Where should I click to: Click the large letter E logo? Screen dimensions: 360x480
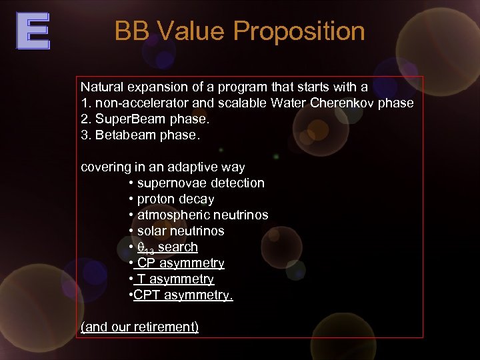pyautogui.click(x=33, y=32)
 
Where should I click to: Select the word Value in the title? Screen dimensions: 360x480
pyautogui.click(x=190, y=31)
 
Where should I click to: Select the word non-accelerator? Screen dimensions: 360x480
pyautogui.click(x=138, y=103)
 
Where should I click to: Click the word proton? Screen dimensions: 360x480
pyautogui.click(x=156, y=199)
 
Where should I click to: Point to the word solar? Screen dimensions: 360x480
pyautogui.click(x=151, y=231)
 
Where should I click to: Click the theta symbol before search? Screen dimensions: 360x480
pyautogui.click(x=141, y=247)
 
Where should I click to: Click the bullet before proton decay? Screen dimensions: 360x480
pyautogui.click(x=131, y=199)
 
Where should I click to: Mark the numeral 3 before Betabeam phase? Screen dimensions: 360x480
pyautogui.click(x=84, y=135)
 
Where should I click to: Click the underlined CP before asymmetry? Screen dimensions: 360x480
pyautogui.click(x=146, y=263)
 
